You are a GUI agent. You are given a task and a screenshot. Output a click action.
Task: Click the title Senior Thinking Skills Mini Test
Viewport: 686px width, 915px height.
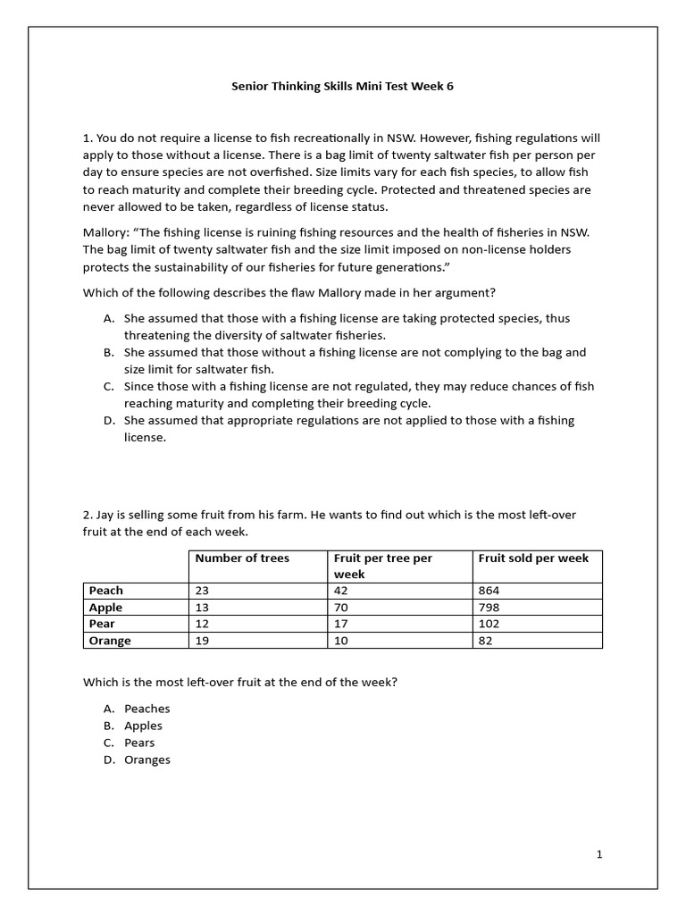348,87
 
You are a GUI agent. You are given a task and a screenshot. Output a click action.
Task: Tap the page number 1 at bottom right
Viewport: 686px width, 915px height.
599,854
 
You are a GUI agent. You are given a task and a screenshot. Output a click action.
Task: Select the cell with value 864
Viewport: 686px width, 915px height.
490,591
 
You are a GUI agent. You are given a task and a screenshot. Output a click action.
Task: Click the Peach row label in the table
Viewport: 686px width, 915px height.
106,591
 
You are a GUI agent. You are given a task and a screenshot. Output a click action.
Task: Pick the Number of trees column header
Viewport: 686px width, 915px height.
242,558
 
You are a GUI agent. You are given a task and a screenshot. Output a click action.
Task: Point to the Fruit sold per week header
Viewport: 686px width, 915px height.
533,558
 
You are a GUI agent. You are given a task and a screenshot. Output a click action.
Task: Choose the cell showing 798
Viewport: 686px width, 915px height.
490,608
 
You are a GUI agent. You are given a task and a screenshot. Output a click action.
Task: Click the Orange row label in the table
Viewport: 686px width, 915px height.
110,641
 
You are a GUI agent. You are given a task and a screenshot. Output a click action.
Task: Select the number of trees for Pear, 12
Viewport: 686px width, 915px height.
203,624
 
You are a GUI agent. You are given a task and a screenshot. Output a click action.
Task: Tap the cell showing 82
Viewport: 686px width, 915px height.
486,641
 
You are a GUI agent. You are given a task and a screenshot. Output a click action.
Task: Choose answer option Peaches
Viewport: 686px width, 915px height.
147,709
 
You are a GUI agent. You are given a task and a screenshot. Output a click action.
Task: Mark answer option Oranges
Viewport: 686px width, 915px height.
147,760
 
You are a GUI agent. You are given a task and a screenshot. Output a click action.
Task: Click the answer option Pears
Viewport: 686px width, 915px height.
139,743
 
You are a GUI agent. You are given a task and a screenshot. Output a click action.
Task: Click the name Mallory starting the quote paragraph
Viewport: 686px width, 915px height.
106,232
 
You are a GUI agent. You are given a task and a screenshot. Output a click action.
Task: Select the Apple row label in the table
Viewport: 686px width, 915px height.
105,608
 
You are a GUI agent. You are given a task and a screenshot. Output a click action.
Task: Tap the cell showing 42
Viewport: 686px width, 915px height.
342,591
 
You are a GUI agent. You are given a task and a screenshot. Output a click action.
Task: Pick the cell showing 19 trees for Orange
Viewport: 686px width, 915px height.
203,641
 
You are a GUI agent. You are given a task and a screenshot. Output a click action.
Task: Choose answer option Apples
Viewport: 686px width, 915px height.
143,726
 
